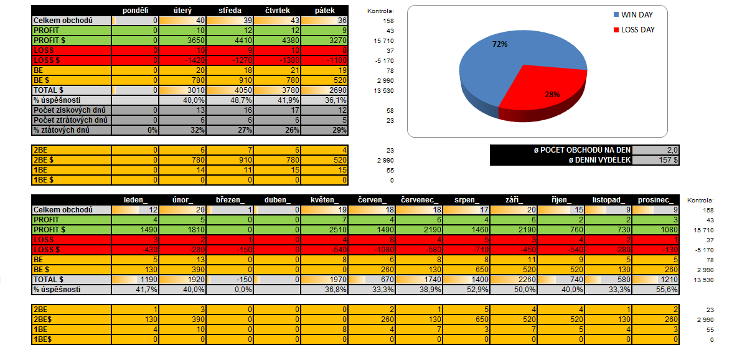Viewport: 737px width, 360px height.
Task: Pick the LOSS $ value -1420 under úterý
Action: pos(184,60)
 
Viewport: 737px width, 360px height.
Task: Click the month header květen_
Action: pos(325,200)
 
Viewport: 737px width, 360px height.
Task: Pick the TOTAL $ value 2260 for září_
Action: pos(514,280)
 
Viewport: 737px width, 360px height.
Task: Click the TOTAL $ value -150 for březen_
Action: pos(231,280)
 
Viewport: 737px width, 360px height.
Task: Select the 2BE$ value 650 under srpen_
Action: pos(467,320)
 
